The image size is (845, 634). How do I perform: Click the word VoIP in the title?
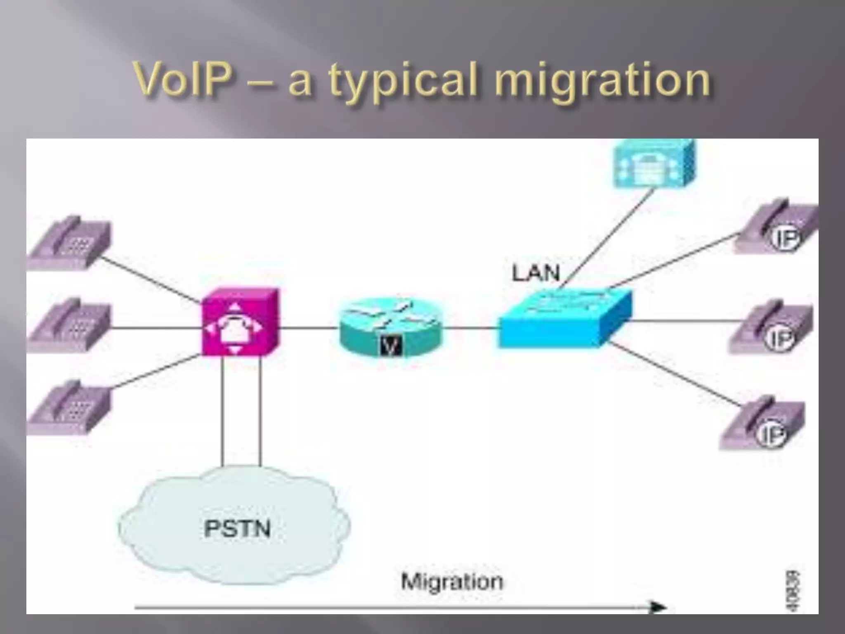coord(183,79)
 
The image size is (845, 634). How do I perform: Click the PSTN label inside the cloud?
coord(237,529)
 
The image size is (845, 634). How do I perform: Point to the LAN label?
coord(536,273)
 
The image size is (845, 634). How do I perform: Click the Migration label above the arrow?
coord(452,582)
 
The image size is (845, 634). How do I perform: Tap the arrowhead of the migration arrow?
coord(658,607)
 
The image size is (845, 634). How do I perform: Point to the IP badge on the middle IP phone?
coord(779,338)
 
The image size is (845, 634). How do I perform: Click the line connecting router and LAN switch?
coord(470,328)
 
